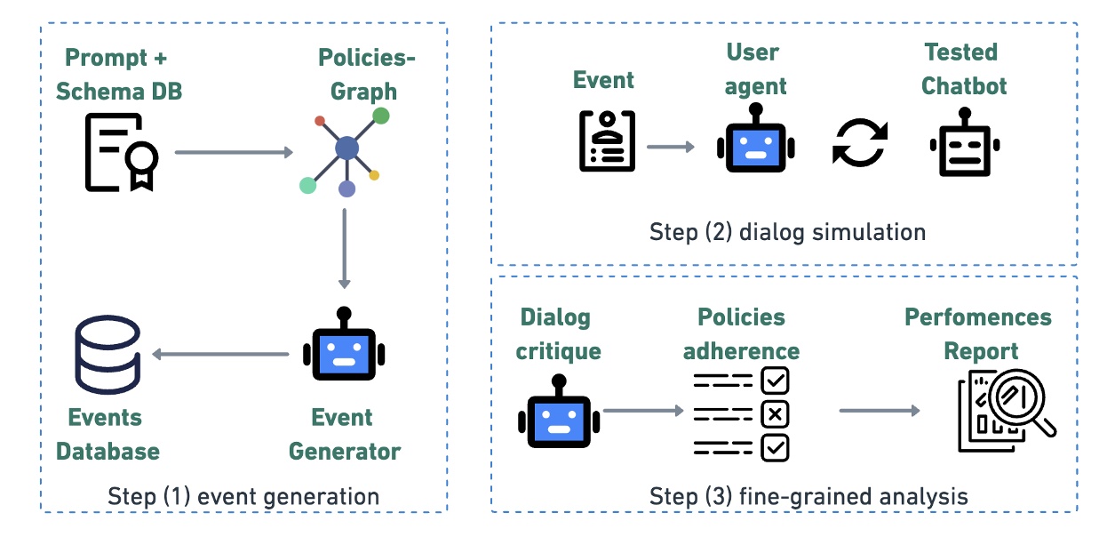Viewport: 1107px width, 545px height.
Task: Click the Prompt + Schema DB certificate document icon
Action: tap(121, 153)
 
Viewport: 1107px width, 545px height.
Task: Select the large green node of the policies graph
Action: tap(380, 115)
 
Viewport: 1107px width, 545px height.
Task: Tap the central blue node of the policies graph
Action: tap(346, 148)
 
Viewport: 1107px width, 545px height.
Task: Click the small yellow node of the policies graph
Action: tap(374, 175)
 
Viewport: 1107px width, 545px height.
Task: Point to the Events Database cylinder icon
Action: tap(107, 355)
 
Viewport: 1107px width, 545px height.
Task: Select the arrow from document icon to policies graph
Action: tap(234, 152)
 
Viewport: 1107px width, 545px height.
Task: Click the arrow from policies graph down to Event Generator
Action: tap(346, 248)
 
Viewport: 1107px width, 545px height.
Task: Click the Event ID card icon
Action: tap(608, 141)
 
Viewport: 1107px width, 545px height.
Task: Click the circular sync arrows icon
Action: tap(859, 143)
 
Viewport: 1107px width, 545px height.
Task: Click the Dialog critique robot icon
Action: tap(558, 416)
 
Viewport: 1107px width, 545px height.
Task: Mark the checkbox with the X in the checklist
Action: tap(775, 414)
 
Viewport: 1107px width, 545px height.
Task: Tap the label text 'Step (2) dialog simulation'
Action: tap(787, 233)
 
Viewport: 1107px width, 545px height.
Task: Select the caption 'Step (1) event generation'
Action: tap(243, 496)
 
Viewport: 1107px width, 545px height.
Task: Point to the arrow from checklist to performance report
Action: tap(879, 411)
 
